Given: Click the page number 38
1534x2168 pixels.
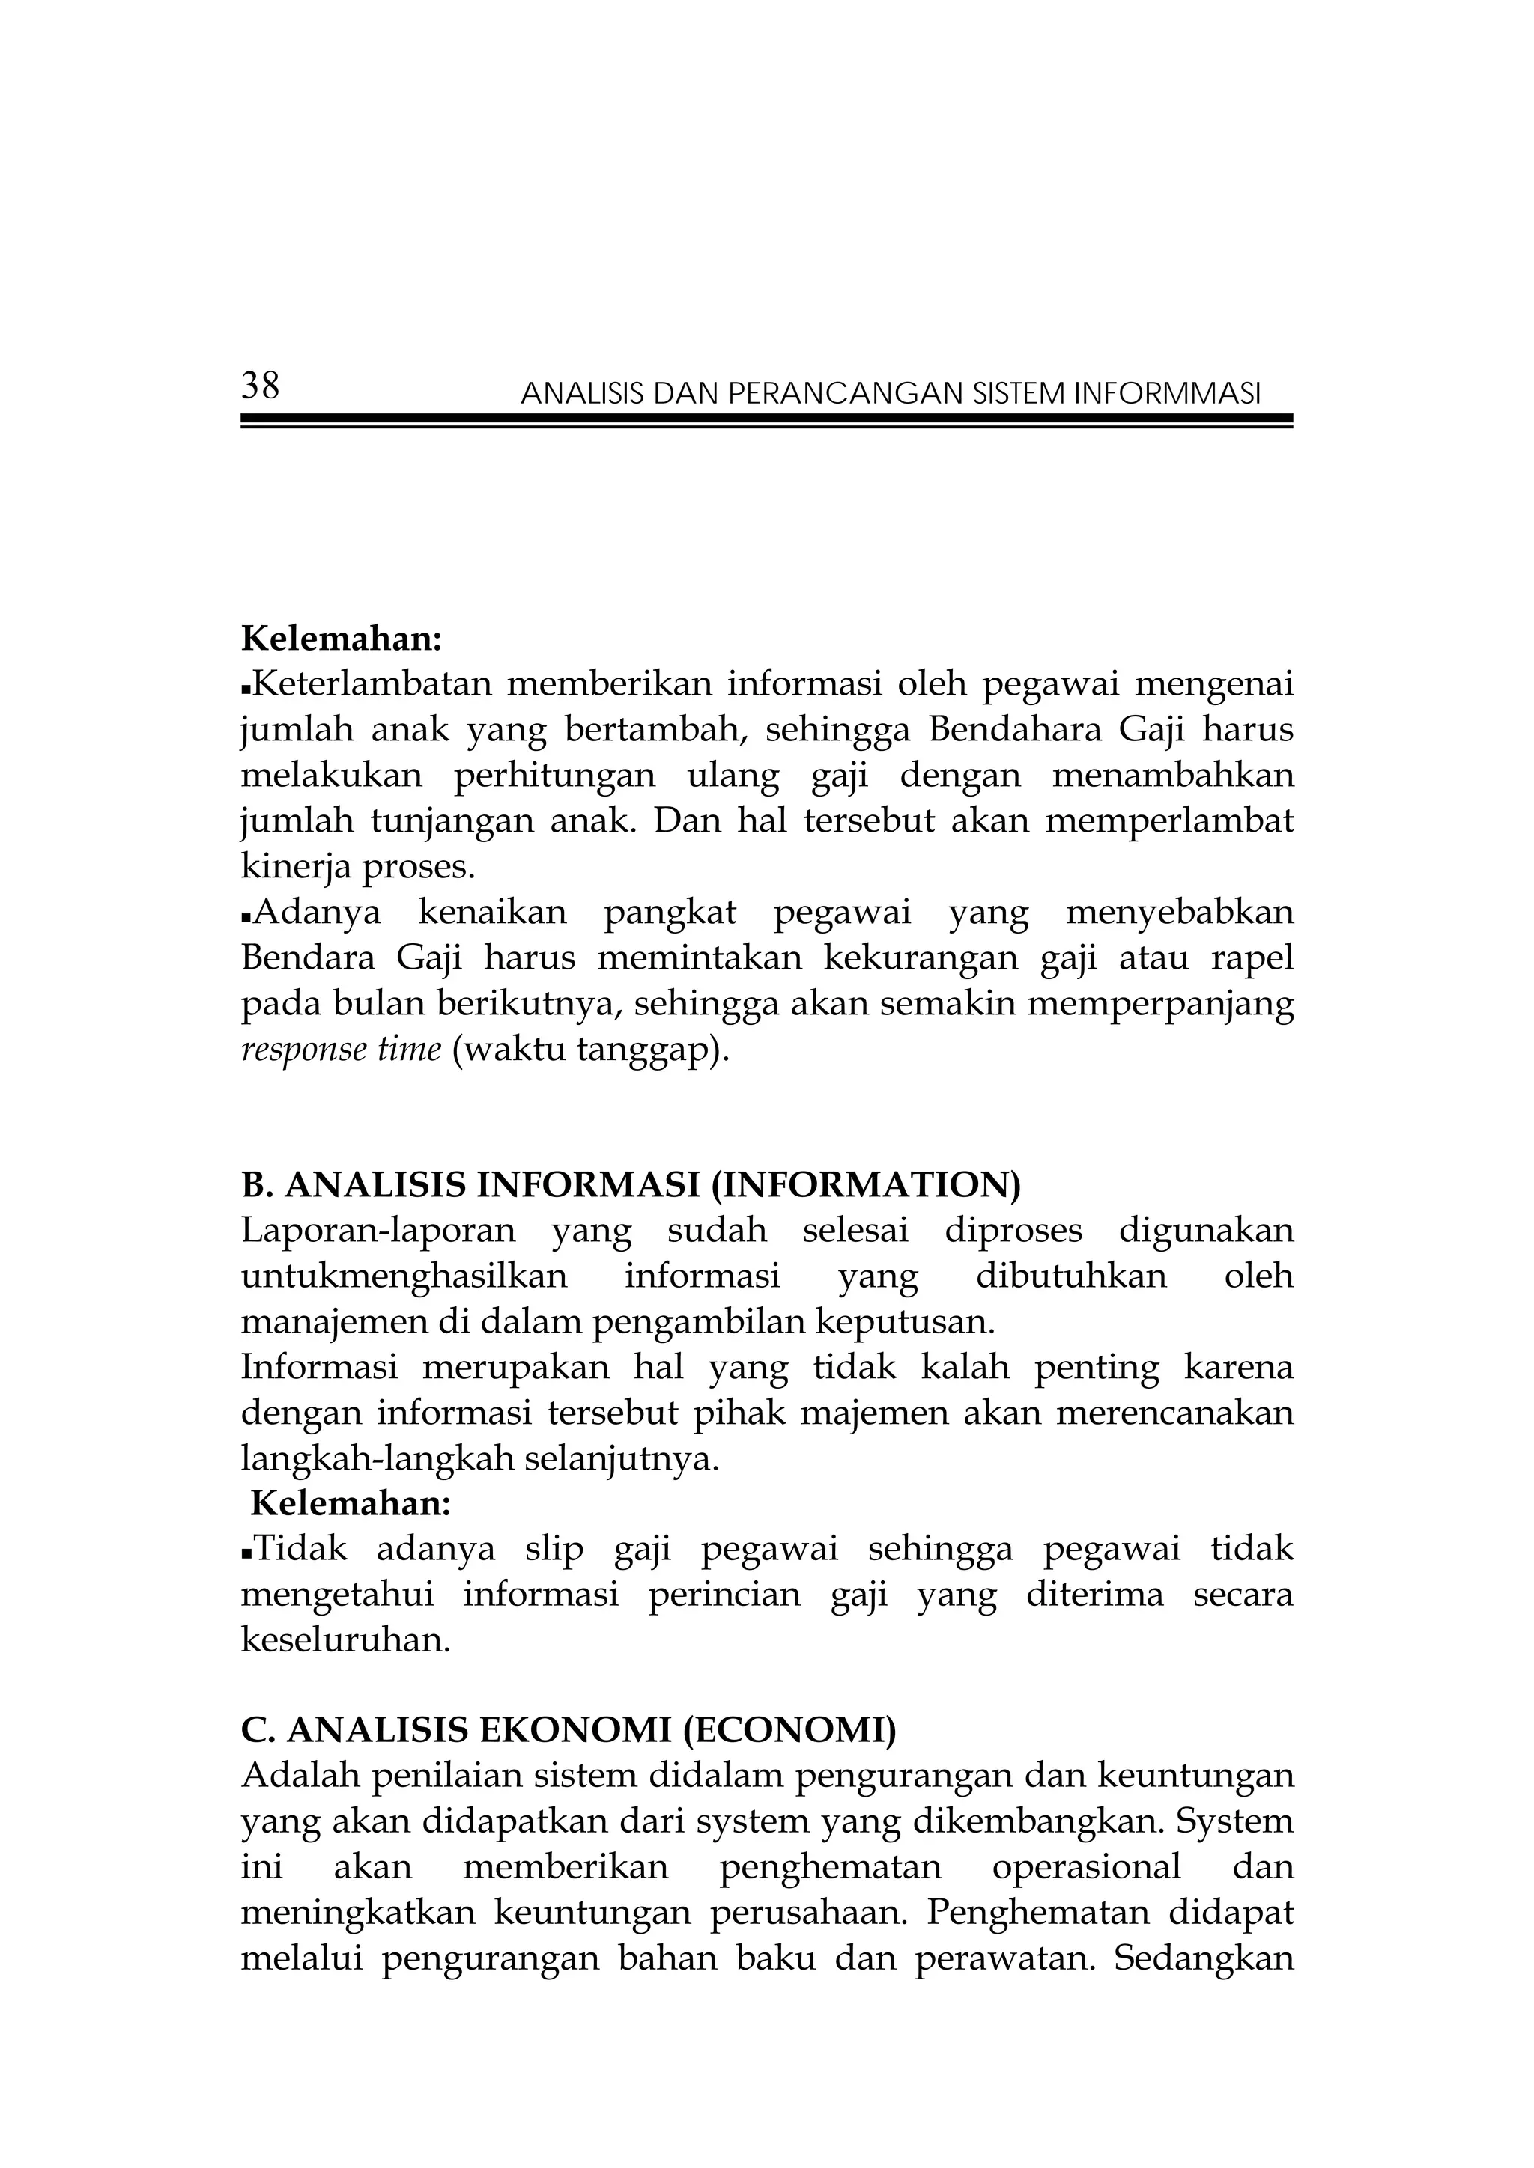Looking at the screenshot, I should [x=260, y=386].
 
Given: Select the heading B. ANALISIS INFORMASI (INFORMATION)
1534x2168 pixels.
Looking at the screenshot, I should [x=631, y=1185].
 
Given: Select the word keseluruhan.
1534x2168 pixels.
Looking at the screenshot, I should [x=346, y=1640].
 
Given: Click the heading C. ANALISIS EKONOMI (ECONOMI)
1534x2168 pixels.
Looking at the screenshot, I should [x=569, y=1731].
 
